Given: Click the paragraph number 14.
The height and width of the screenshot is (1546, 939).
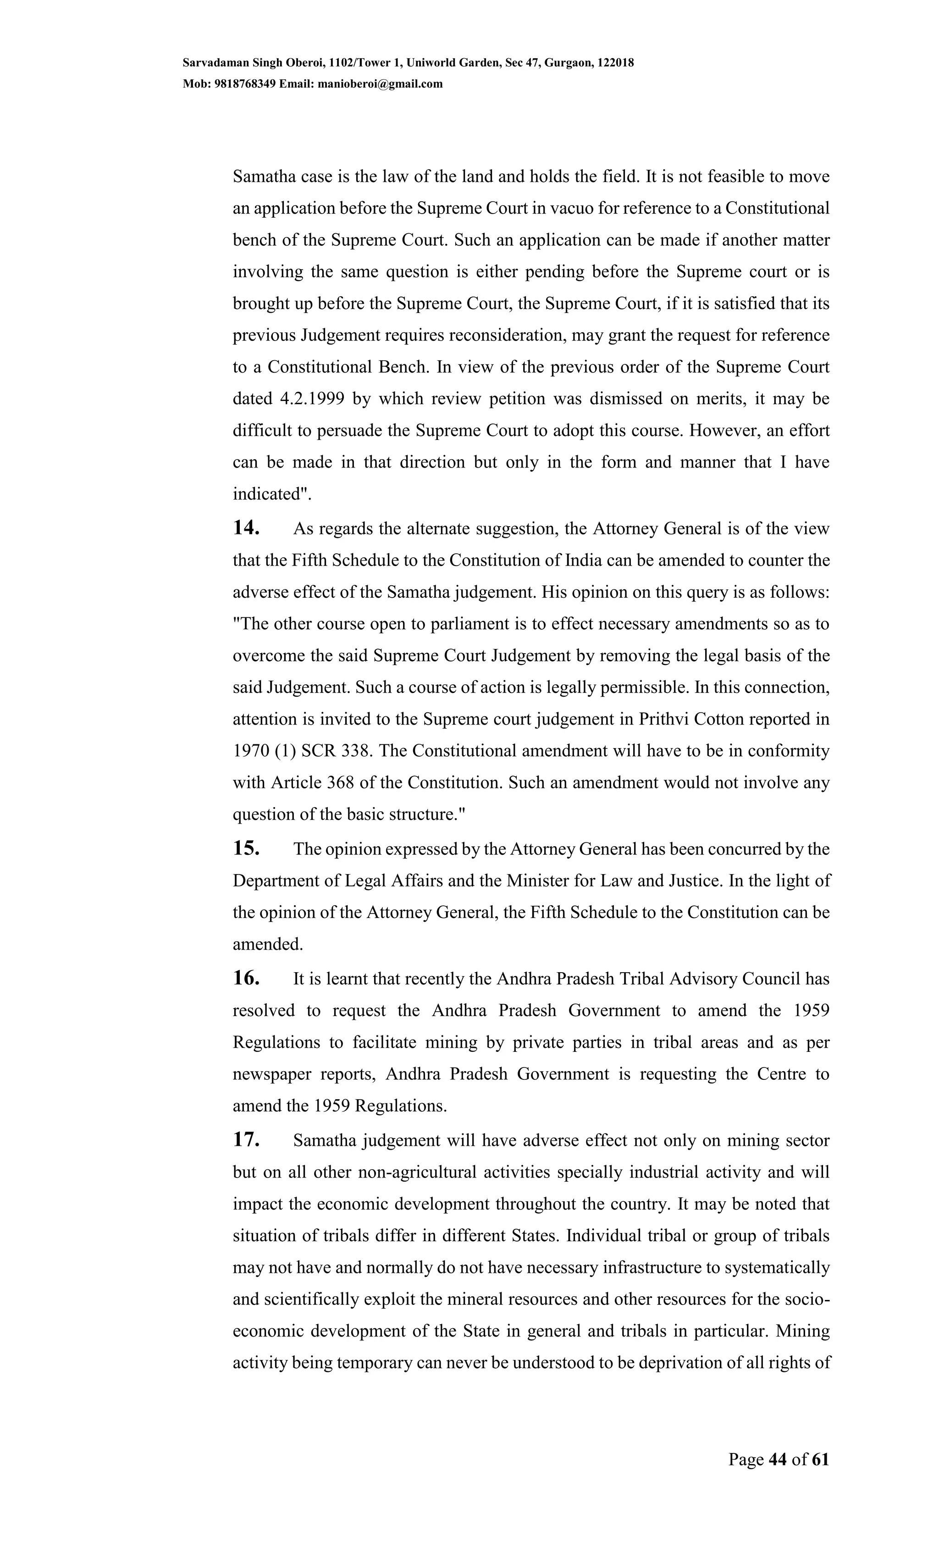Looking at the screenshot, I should click(246, 528).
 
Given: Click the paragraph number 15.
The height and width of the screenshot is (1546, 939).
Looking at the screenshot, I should click(246, 849).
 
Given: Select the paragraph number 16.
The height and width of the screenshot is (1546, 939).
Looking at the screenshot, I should click(246, 978).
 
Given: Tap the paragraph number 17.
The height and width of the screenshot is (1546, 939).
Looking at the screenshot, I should click(246, 1140).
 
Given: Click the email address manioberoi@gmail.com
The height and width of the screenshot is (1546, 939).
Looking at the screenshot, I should click(381, 83).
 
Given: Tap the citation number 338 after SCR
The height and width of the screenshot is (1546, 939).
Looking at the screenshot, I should click(354, 751).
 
